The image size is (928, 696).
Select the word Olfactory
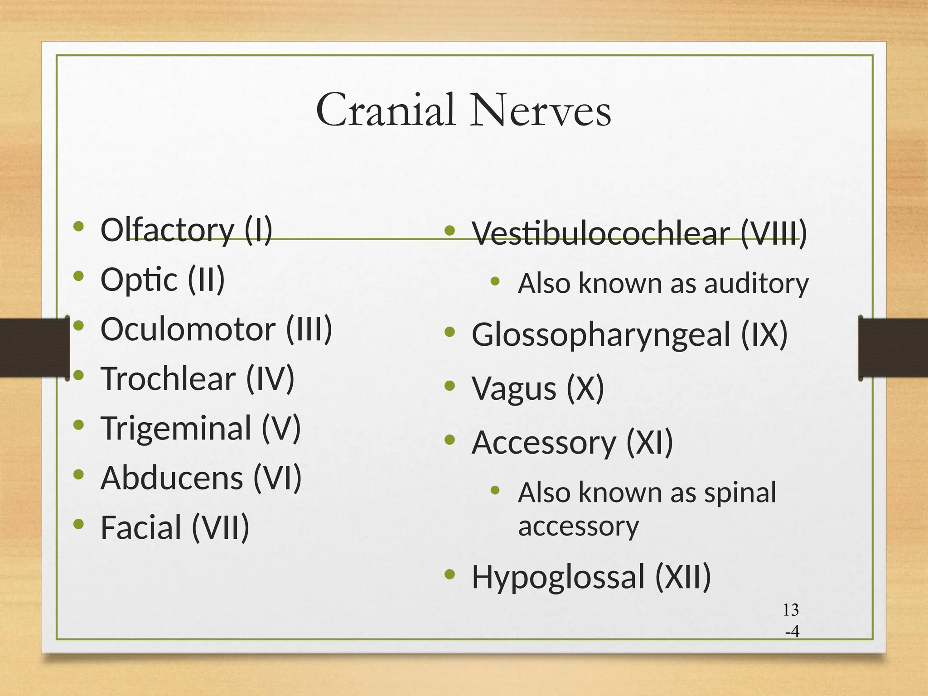tap(167, 230)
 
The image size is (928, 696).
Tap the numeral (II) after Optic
tap(206, 279)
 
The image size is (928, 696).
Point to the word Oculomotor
tap(188, 329)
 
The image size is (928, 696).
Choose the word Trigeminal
tap(176, 428)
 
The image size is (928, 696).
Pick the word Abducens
tap(172, 478)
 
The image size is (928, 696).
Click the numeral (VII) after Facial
tap(221, 527)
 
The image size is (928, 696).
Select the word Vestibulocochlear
tap(601, 234)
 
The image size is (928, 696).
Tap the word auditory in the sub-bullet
tap(756, 284)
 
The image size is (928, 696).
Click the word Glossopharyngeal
tap(601, 335)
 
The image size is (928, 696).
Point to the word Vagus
tap(514, 388)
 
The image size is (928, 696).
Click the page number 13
tap(791, 610)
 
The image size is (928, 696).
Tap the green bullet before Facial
tap(79, 524)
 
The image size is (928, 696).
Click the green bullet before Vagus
tap(449, 386)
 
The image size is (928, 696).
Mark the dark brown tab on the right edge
tap(893, 347)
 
